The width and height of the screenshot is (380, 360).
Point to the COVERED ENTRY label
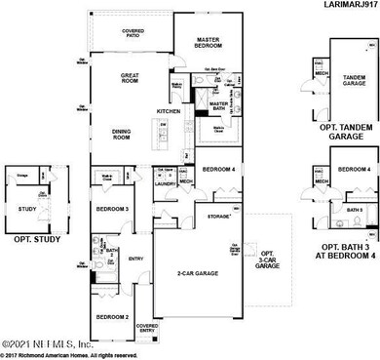[148, 328]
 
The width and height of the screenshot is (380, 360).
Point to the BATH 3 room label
[356, 210]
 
